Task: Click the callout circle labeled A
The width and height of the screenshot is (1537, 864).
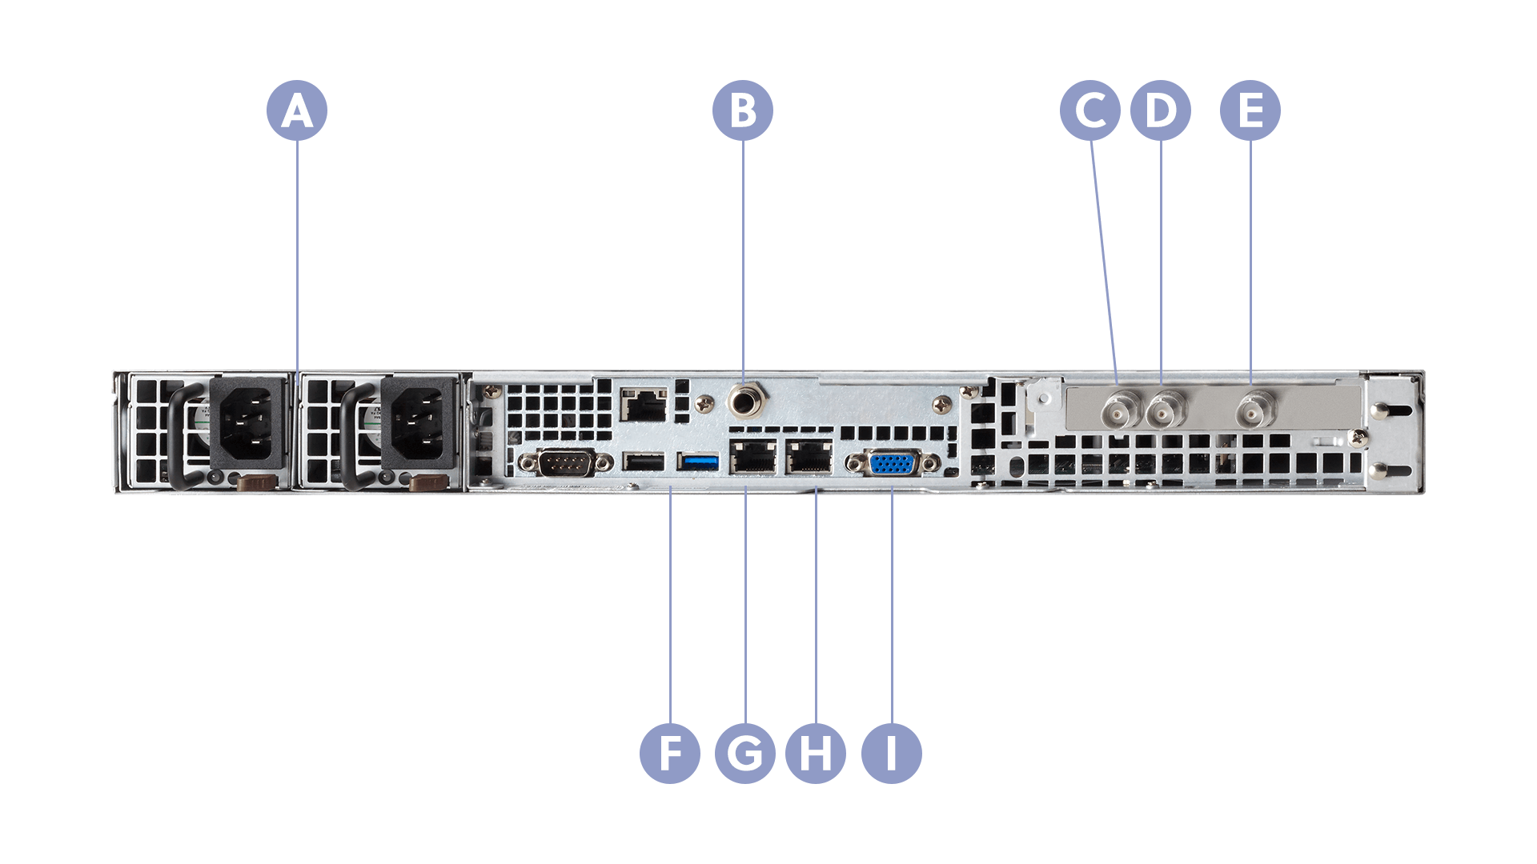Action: click(297, 110)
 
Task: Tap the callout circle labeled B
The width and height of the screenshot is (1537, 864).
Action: click(743, 110)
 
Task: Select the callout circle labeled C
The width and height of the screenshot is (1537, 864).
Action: click(1090, 110)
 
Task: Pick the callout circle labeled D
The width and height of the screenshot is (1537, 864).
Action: click(1161, 110)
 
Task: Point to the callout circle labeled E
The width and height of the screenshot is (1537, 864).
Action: click(1250, 110)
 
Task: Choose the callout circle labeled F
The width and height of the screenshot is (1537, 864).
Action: click(670, 753)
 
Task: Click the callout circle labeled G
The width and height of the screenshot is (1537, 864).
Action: click(745, 753)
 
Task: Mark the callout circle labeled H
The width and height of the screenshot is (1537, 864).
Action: click(816, 753)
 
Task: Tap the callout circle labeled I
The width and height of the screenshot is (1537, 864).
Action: click(892, 753)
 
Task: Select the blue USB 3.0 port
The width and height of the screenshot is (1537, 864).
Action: click(699, 462)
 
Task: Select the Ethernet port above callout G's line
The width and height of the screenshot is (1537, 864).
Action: click(752, 458)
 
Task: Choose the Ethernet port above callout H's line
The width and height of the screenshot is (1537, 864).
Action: click(809, 458)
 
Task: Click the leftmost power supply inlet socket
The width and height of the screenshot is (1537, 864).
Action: click(247, 424)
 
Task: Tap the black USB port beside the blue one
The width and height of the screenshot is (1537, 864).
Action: click(644, 462)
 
